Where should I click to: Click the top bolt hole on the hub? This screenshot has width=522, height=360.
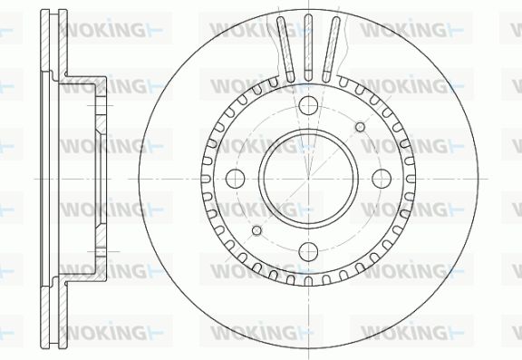[308, 105]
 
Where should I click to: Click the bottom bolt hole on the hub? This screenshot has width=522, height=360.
[308, 252]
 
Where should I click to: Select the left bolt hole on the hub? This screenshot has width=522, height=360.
[236, 179]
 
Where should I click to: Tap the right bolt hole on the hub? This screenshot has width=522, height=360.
[382, 179]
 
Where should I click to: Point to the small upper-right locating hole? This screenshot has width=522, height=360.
[360, 127]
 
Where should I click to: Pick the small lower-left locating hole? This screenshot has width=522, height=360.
[256, 230]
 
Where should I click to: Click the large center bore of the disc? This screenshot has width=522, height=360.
[308, 179]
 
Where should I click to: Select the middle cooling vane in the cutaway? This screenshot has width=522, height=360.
[309, 48]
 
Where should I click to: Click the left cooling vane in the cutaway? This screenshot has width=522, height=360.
[286, 49]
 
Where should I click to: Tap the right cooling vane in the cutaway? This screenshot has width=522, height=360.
[332, 49]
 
